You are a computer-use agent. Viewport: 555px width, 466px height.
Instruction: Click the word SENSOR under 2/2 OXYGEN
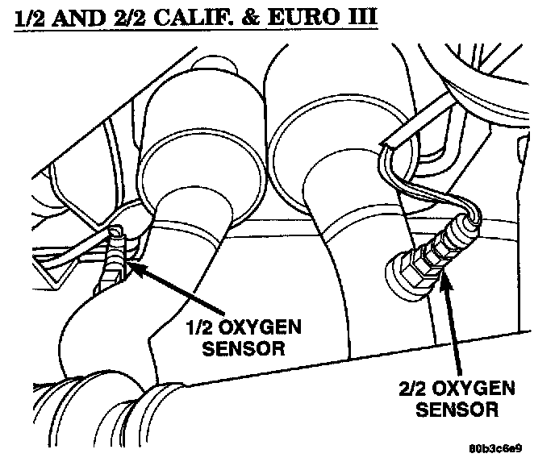[457, 410]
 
